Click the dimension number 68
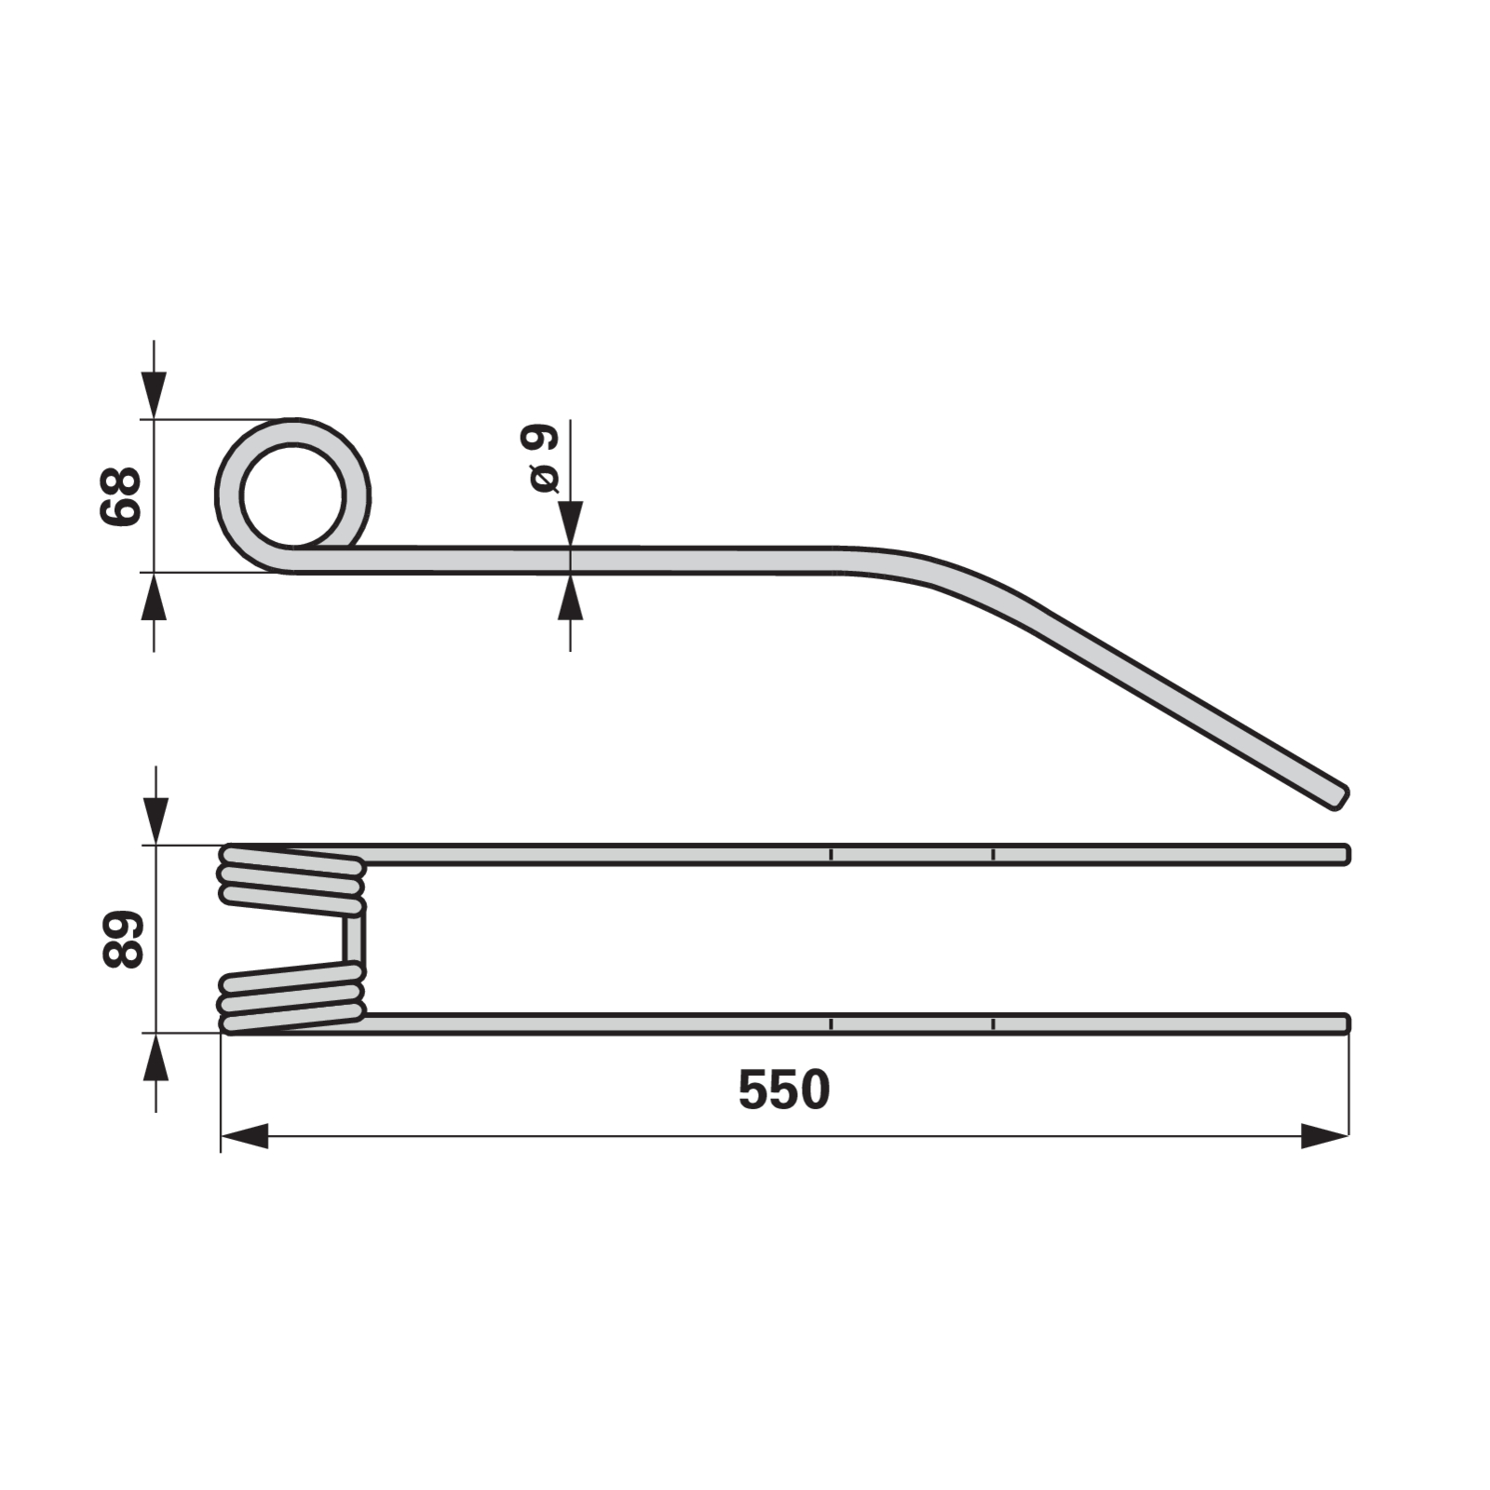click(x=120, y=496)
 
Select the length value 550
click(x=783, y=1090)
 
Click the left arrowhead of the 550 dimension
click(x=245, y=1136)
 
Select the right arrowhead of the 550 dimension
click(x=1324, y=1136)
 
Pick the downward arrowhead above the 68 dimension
click(x=154, y=396)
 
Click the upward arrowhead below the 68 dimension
click(x=154, y=596)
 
